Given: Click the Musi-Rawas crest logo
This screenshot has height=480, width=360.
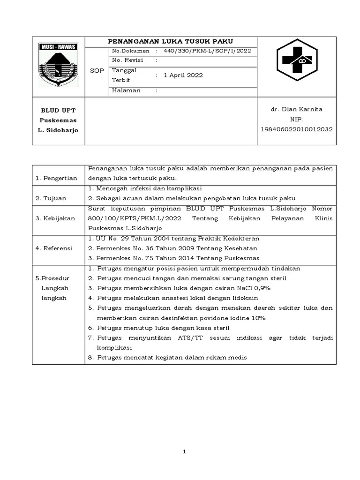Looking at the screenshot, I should (59, 65).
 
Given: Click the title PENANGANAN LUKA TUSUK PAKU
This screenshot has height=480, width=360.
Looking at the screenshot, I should (171, 41).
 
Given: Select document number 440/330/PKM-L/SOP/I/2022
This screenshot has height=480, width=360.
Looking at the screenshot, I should (207, 51).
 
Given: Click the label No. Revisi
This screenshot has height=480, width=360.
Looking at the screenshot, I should (127, 60).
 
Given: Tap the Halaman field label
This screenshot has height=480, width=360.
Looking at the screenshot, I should (126, 91).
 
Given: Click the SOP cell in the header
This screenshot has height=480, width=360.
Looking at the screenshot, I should (97, 70).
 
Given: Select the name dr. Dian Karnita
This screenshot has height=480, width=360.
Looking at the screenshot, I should (296, 109).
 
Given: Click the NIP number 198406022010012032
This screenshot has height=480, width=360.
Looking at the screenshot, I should (296, 129).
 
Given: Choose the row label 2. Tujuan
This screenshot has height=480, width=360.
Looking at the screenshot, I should (51, 198).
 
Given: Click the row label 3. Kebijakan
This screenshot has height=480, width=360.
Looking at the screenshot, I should (55, 218).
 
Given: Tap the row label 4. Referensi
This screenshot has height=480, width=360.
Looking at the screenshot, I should (54, 248).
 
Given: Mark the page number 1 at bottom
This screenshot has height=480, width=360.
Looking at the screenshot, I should (184, 452).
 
